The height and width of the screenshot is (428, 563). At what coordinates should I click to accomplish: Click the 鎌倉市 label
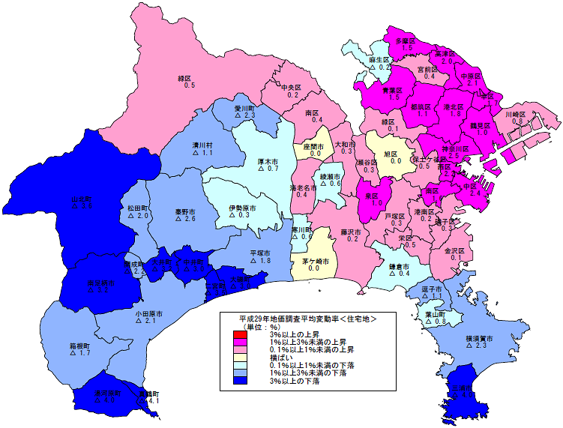point(397,266)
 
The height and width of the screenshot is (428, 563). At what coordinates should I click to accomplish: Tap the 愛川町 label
point(245,108)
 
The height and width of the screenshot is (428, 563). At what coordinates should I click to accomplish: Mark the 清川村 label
point(203,145)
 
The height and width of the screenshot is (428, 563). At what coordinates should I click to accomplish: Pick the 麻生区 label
point(380,59)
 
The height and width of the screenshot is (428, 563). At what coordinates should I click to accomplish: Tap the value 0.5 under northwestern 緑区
point(189,85)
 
